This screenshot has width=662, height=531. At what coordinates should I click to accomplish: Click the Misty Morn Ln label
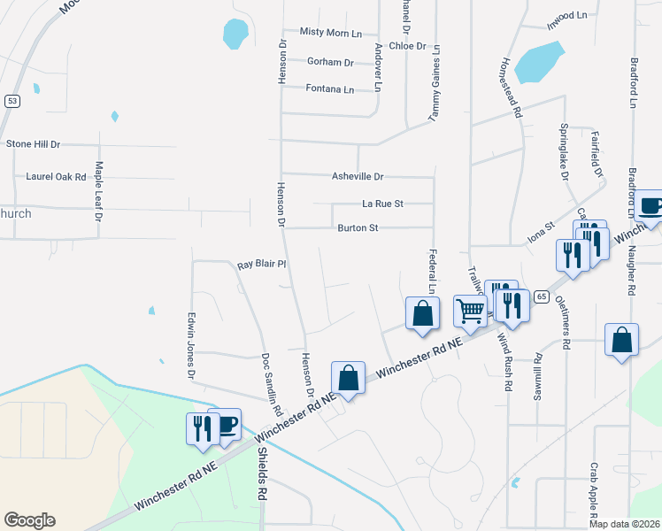[x=331, y=33]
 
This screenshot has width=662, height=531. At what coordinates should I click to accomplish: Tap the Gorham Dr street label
[x=330, y=62]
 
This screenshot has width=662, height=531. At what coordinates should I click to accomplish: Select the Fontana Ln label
[x=329, y=89]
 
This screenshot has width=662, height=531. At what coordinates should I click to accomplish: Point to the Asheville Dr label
[x=358, y=177]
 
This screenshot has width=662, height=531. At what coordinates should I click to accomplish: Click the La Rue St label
[x=382, y=204]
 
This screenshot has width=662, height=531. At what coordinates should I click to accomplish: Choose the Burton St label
[x=358, y=228]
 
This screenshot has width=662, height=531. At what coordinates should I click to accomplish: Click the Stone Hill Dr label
[x=33, y=143]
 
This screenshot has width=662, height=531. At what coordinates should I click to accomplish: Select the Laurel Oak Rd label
[x=56, y=177]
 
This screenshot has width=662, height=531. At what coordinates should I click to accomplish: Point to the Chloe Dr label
[x=407, y=46]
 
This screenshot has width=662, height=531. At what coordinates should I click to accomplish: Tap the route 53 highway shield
[x=11, y=101]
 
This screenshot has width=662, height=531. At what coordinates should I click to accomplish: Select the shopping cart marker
[x=470, y=309]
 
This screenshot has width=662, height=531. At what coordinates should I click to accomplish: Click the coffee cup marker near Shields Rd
[x=226, y=423]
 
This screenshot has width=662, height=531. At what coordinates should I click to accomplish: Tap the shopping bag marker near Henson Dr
[x=349, y=377]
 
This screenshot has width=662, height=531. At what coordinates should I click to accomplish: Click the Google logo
[x=29, y=520]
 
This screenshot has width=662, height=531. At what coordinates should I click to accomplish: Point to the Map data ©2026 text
[x=623, y=524]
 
